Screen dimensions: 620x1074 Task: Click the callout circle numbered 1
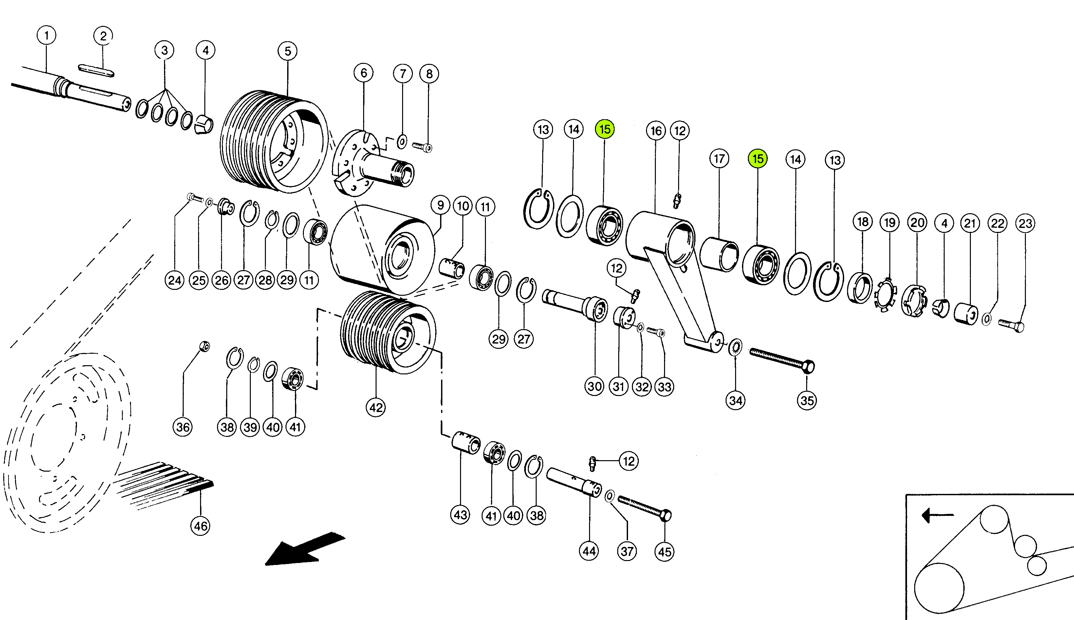click(x=46, y=35)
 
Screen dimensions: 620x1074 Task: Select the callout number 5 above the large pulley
click(x=288, y=51)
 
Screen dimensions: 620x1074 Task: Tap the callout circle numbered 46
click(x=200, y=526)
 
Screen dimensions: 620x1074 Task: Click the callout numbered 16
click(x=656, y=131)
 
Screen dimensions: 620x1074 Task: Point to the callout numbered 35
click(x=807, y=401)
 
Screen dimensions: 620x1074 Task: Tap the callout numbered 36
click(x=183, y=427)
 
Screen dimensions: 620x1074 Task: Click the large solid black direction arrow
click(x=305, y=549)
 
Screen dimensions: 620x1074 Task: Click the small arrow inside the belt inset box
click(x=937, y=516)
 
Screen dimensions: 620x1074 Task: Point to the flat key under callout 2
click(x=96, y=71)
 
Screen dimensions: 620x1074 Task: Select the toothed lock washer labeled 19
click(x=885, y=295)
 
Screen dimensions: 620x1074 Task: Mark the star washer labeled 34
click(x=735, y=347)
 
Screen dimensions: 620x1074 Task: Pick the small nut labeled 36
click(x=205, y=346)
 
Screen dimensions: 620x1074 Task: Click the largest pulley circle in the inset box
click(x=939, y=588)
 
